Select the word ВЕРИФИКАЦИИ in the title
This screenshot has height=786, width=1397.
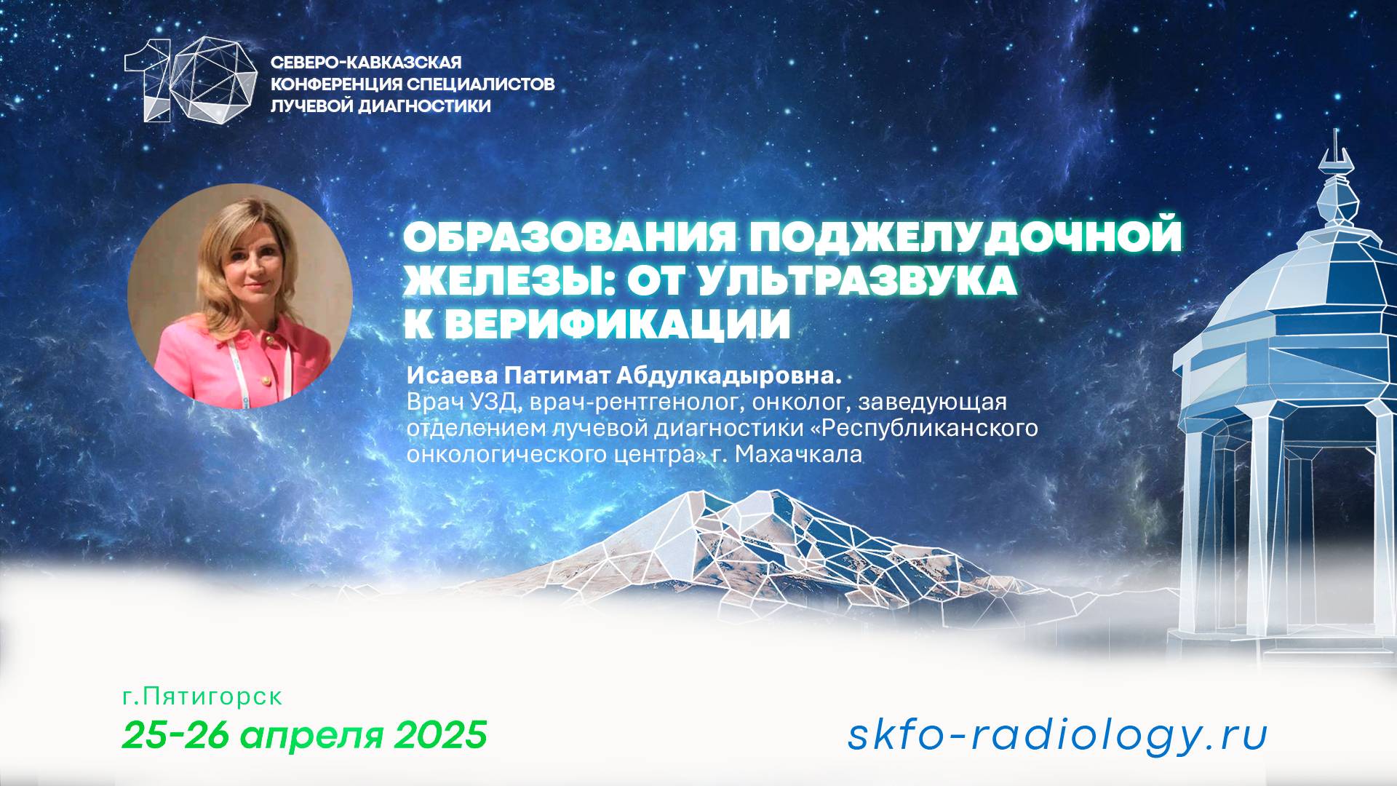point(618,324)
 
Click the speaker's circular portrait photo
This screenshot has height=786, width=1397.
point(240,295)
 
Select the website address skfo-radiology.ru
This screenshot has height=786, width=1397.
point(1057,734)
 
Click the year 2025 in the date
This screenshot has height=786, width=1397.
point(440,734)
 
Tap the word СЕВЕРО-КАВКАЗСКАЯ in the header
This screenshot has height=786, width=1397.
point(366,63)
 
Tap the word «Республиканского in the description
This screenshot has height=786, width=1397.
point(923,429)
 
